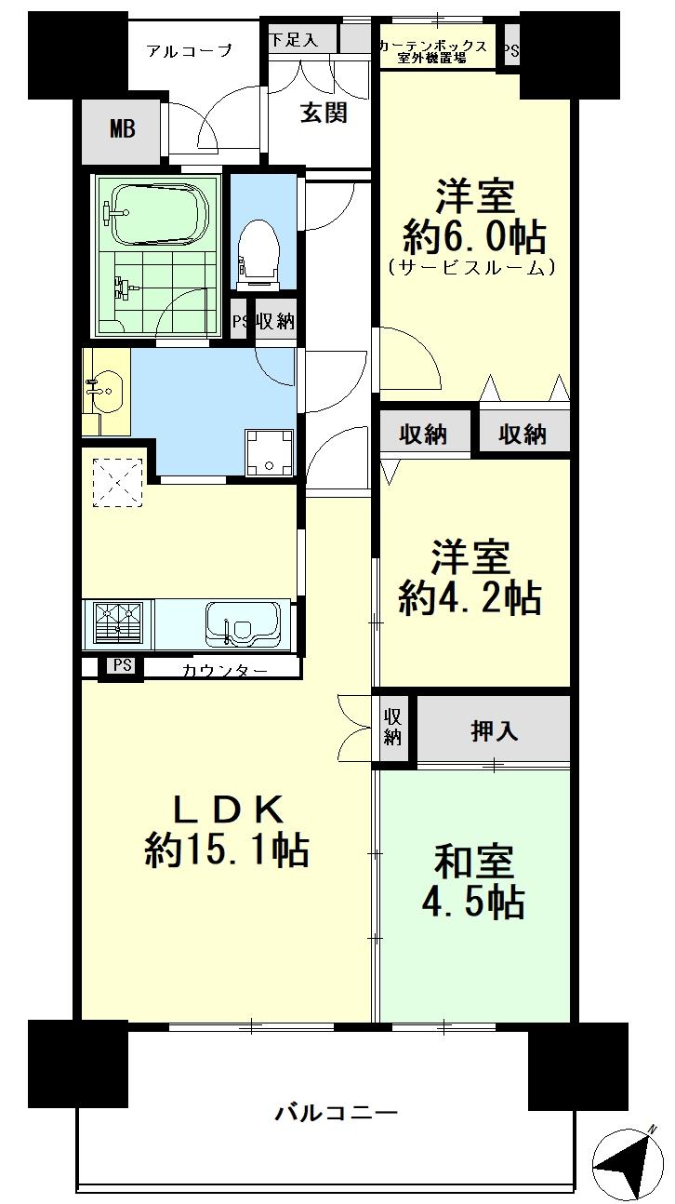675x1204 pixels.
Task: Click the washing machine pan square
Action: pyautogui.click(x=269, y=451)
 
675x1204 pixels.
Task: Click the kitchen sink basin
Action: pyautogui.click(x=243, y=622)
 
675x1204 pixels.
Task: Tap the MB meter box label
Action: pyautogui.click(x=123, y=128)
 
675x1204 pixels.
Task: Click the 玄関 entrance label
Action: pyautogui.click(x=324, y=113)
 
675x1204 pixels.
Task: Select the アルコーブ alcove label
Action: pyautogui.click(x=190, y=50)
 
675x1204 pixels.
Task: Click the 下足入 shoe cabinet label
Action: pyautogui.click(x=293, y=39)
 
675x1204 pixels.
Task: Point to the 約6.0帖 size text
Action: pyautogui.click(x=474, y=237)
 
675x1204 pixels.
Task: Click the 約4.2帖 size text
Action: pyautogui.click(x=470, y=597)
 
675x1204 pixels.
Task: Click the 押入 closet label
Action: pyautogui.click(x=494, y=731)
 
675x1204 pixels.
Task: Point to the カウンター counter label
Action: pyautogui.click(x=225, y=670)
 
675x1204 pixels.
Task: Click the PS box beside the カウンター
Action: pyautogui.click(x=122, y=666)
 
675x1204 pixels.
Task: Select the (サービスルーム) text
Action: pyautogui.click(x=473, y=268)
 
